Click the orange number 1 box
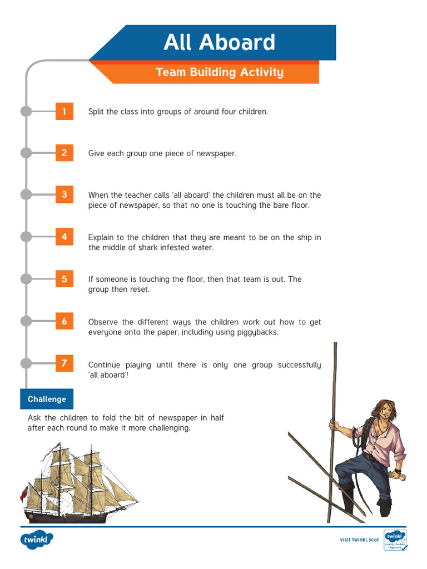pos(64,111)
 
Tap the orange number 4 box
pos(64,237)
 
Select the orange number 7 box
pos(64,364)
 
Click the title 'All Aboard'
pos(219,43)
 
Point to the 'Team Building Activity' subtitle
pos(219,72)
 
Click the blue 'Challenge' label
pos(47,399)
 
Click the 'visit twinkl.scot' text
pos(359,540)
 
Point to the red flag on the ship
pos(23,492)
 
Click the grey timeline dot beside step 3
pos(26,194)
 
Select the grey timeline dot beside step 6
pos(26,321)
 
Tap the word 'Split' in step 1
pos(96,112)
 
